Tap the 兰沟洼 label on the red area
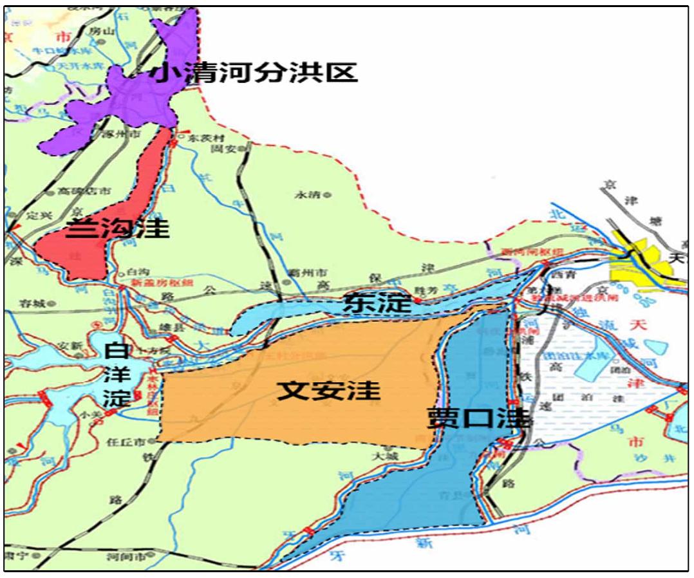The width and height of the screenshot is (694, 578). tap(118, 228)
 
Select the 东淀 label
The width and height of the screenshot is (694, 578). tap(377, 302)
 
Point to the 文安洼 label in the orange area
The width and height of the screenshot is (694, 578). tap(328, 390)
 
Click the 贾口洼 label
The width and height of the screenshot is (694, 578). tap(479, 419)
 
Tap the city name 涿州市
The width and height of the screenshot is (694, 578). tap(108, 136)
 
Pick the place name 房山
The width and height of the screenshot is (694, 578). tap(104, 29)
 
